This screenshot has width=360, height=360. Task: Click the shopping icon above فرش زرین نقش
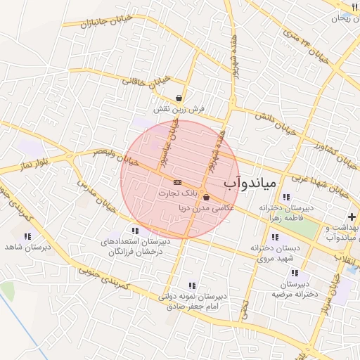pyautogui.click(x=181, y=98)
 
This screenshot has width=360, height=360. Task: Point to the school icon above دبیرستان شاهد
pyautogui.click(x=28, y=237)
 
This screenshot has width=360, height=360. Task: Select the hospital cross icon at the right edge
pyautogui.click(x=352, y=217)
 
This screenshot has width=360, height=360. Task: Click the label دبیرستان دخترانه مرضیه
pyautogui.click(x=293, y=289)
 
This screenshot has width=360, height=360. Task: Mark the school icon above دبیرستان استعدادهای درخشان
pyautogui.click(x=134, y=230)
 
